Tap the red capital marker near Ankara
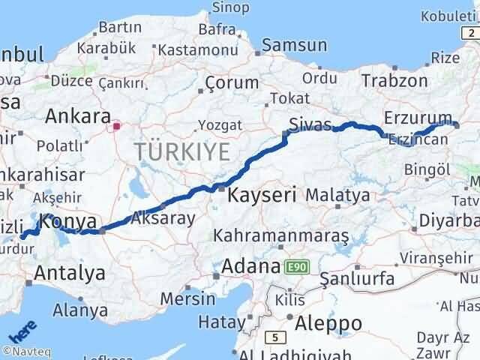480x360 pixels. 116,126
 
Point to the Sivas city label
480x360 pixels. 310,124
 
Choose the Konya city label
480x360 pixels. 68,222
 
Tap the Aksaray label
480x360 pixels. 163,218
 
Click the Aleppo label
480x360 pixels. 329,323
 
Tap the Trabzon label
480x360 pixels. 394,81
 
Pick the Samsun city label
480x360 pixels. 295,46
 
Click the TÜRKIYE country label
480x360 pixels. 182,152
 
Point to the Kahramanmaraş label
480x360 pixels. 280,236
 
